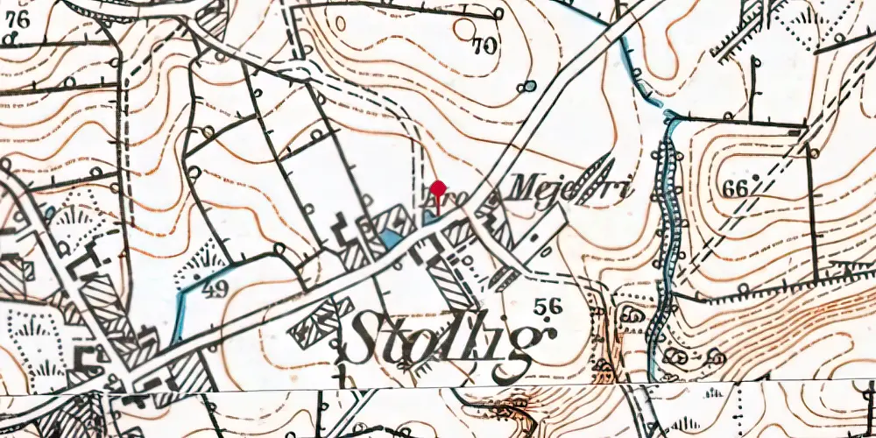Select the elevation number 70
pyautogui.click(x=483, y=46)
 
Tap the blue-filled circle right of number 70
pyautogui.click(x=528, y=87)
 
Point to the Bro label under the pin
pyautogui.click(x=436, y=205)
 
